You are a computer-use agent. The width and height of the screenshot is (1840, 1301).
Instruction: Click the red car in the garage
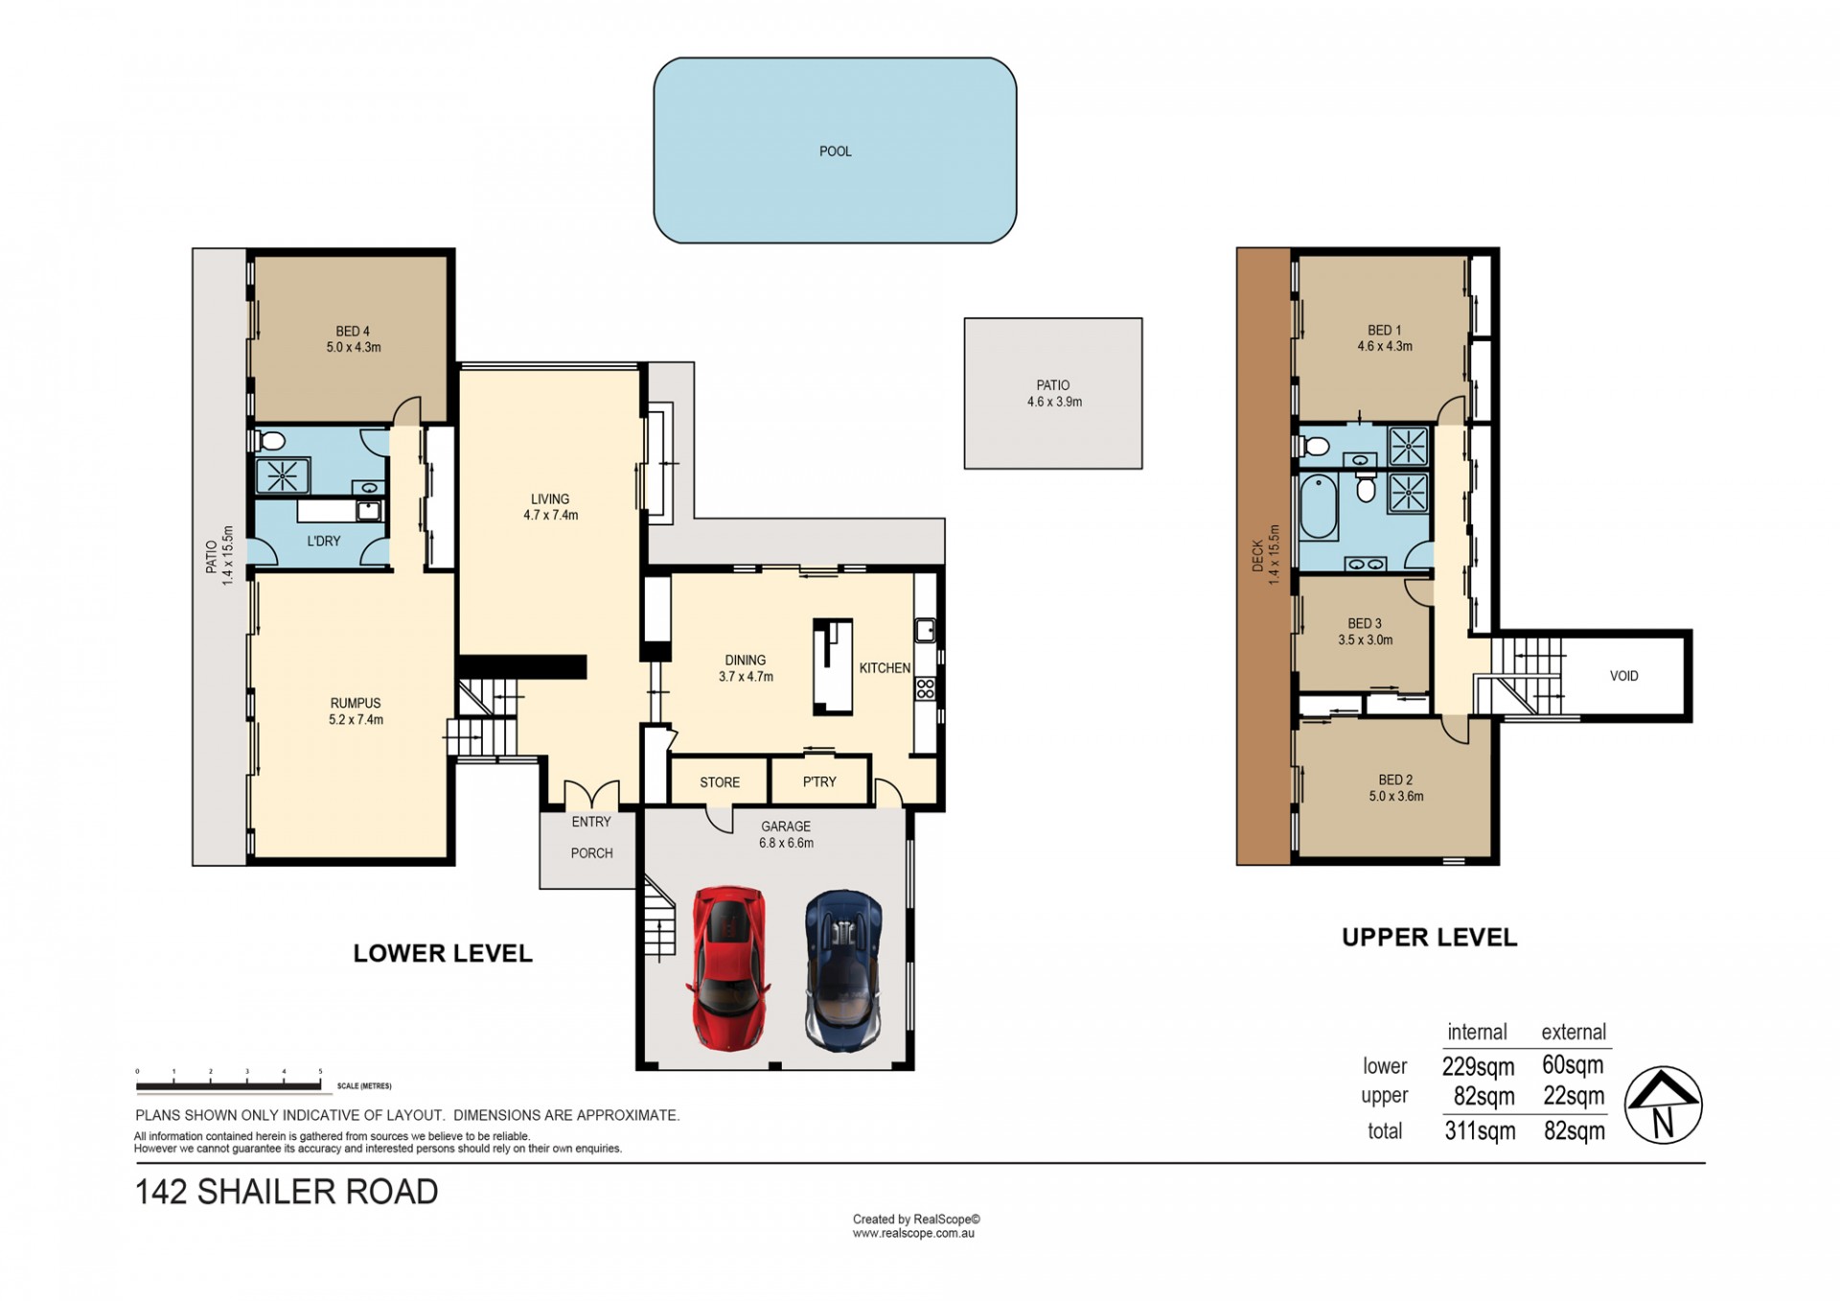pyautogui.click(x=729, y=968)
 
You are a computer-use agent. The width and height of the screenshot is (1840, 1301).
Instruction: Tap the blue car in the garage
pyautogui.click(x=843, y=971)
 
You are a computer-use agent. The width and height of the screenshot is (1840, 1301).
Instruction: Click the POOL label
pyautogui.click(x=835, y=151)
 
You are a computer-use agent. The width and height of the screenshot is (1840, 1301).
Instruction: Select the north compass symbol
pyautogui.click(x=1663, y=1104)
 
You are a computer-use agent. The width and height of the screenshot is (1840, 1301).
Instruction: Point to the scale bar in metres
pyautogui.click(x=228, y=1086)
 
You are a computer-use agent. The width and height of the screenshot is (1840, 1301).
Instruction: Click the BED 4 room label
pyautogui.click(x=353, y=332)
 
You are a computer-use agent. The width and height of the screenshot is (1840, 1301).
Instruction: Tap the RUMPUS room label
pyautogui.click(x=356, y=704)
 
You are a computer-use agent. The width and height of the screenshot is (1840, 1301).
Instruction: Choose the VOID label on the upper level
pyautogui.click(x=1623, y=676)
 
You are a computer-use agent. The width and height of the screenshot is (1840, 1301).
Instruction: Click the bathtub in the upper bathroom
pyautogui.click(x=1319, y=506)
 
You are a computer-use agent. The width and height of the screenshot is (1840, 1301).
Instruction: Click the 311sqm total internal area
pyautogui.click(x=1480, y=1131)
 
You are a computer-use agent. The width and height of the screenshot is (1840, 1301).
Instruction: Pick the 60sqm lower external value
pyautogui.click(x=1573, y=1064)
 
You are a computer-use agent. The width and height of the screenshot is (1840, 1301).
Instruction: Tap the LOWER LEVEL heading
pyautogui.click(x=443, y=953)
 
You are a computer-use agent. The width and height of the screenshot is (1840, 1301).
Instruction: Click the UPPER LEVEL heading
pyautogui.click(x=1429, y=938)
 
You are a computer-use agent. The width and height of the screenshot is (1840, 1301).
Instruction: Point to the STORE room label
pyautogui.click(x=720, y=782)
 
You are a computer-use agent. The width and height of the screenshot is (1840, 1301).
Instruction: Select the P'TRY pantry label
pyautogui.click(x=819, y=782)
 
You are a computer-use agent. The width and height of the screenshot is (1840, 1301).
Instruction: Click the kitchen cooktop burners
pyautogui.click(x=925, y=688)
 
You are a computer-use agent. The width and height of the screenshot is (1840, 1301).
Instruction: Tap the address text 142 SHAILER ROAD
pyautogui.click(x=287, y=1192)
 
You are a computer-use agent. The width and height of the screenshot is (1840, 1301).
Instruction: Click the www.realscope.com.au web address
pyautogui.click(x=913, y=1234)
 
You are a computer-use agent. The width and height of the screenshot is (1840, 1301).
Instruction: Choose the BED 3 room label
pyautogui.click(x=1365, y=624)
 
